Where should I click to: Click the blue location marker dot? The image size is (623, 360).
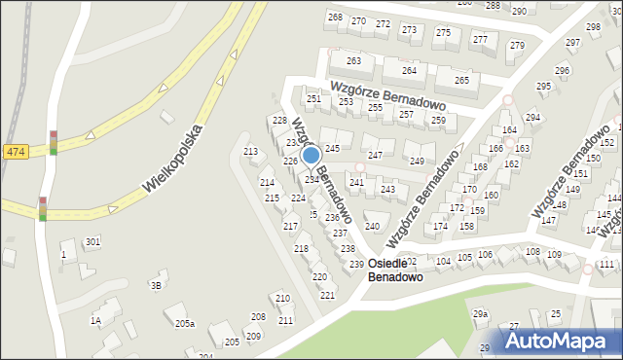pyautogui.click(x=311, y=156)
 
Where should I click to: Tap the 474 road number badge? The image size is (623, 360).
pyautogui.click(x=15, y=152)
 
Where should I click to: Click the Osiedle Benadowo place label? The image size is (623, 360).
pyautogui.click(x=396, y=270)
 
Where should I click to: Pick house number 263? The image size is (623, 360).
pyautogui.click(x=353, y=60)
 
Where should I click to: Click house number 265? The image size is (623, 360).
pyautogui.click(x=461, y=80)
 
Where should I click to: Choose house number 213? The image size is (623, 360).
pyautogui.click(x=250, y=152)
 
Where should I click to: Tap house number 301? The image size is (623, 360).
pyautogui.click(x=92, y=241)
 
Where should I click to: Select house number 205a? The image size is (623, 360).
pyautogui.click(x=185, y=323)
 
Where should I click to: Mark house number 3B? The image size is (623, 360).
pyautogui.click(x=155, y=285)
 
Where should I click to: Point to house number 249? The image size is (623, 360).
pyautogui.click(x=417, y=161)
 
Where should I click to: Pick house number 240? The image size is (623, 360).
pyautogui.click(x=372, y=226)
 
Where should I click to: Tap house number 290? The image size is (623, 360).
pyautogui.click(x=519, y=11)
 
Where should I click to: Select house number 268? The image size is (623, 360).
pyautogui.click(x=335, y=18)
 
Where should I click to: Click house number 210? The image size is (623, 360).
pyautogui.click(x=282, y=298)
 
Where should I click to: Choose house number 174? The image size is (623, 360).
pyautogui.click(x=441, y=226)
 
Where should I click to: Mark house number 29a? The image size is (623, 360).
pyautogui.click(x=480, y=314)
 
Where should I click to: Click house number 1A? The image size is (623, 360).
pyautogui.click(x=95, y=320)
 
